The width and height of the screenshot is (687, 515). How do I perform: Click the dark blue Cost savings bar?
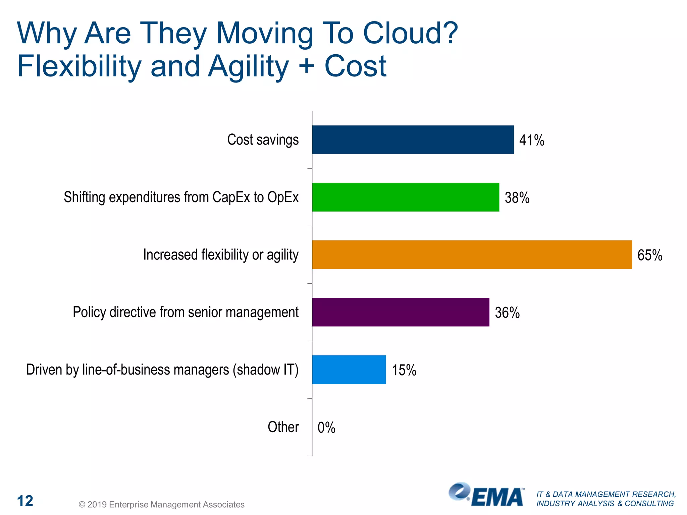[x=413, y=140]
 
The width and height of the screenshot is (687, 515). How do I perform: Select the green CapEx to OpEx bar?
[x=405, y=197]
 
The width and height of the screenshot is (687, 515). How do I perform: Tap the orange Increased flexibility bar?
[x=472, y=254]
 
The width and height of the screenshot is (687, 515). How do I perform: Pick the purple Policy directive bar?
[x=401, y=312]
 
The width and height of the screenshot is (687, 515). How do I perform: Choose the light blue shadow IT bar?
[x=349, y=369]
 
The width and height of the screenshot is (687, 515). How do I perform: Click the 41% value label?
[x=532, y=140]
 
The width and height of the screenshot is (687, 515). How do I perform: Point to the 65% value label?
[x=650, y=255]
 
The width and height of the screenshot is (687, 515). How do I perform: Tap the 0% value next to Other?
[x=326, y=428]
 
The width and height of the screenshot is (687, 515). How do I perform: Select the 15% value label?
[x=404, y=370]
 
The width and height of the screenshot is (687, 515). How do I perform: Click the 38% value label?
[x=517, y=198]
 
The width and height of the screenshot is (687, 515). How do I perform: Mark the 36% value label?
[x=507, y=313]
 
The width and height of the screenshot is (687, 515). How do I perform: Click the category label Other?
[x=283, y=427]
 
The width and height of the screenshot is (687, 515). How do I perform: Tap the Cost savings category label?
[x=263, y=140]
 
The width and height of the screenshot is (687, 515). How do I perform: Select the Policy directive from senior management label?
[x=186, y=312]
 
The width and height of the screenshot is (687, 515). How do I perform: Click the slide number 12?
[x=25, y=501]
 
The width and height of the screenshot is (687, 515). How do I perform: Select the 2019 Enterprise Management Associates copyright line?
[x=161, y=505]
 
